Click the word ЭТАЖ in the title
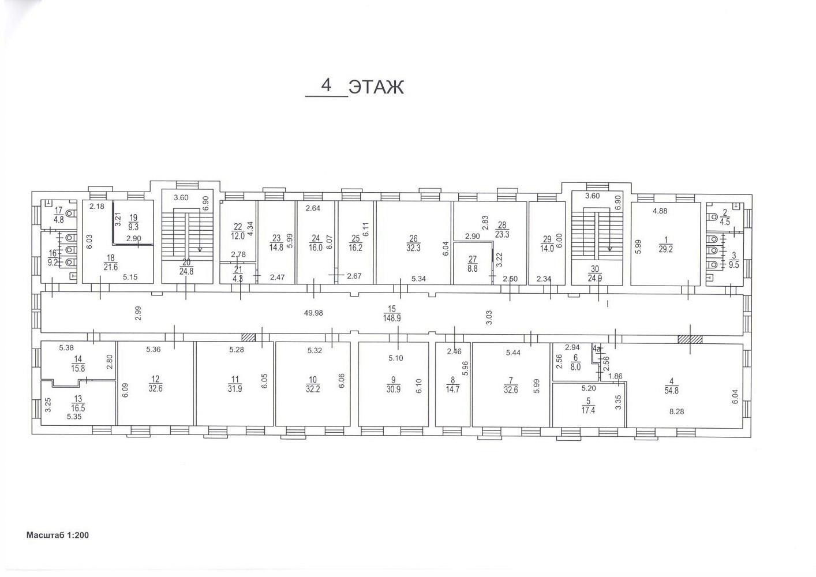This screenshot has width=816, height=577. point(376,88)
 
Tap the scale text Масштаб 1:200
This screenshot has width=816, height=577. point(58,535)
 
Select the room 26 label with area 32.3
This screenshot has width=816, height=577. point(413,243)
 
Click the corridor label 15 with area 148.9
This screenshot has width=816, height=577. point(392,314)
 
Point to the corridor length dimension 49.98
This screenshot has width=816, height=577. point(313,313)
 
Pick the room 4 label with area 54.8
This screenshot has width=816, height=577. point(671,386)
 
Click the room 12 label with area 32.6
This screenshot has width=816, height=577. point(156,384)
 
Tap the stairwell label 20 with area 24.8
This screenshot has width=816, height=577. point(186,267)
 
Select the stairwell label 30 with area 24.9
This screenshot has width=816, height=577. point(594,273)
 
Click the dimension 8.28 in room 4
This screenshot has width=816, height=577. point(677,411)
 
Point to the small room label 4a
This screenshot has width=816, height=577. point(596,349)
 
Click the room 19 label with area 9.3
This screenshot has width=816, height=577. point(133,222)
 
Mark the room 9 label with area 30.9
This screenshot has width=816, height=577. point(394,385)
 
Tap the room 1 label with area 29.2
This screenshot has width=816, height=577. point(665,245)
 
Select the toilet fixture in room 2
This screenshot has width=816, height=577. point(712,217)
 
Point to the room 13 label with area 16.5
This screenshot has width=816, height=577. point(78,403)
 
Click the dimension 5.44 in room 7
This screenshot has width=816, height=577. point(513,352)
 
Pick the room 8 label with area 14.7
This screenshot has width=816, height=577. point(453,385)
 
